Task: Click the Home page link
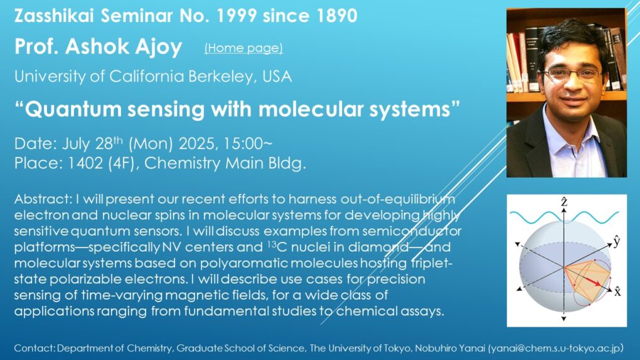[x=243, y=48]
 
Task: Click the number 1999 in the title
[x=237, y=16]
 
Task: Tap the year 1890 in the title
[x=337, y=16]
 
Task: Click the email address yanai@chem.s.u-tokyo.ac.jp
[x=555, y=348]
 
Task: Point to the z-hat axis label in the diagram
[x=564, y=201]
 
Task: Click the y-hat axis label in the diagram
[x=617, y=241]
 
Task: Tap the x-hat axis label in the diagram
[x=617, y=291]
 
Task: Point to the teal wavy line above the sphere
[x=564, y=218]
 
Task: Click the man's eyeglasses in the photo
[x=572, y=74]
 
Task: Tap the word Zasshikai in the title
[x=54, y=16]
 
